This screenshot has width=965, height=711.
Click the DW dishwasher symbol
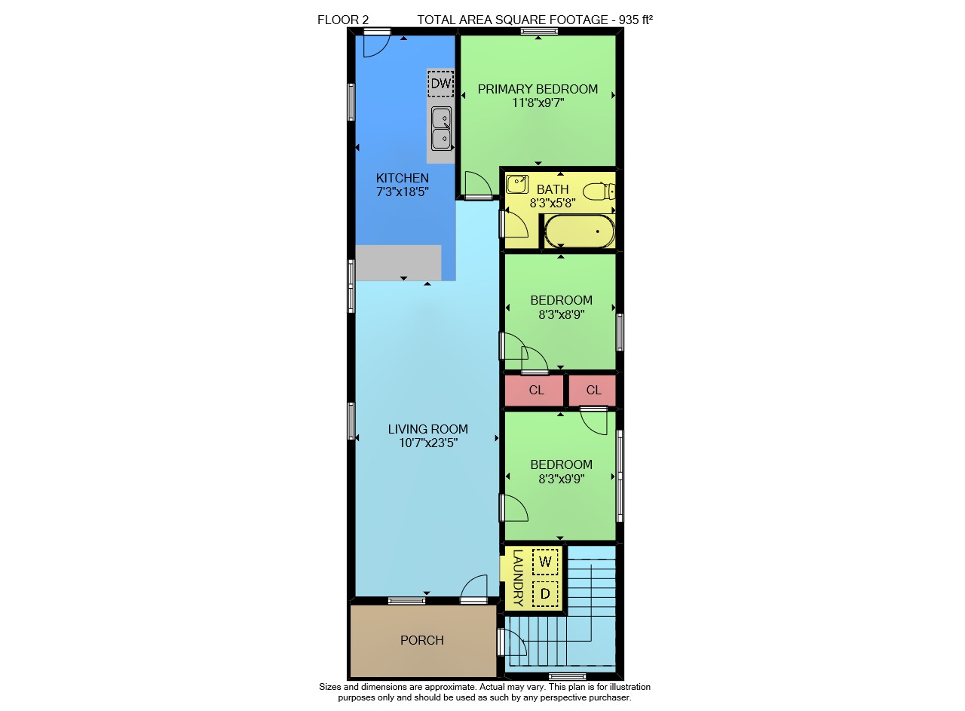click(441, 83)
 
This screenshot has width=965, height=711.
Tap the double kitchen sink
click(442, 129)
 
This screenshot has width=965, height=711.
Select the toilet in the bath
click(599, 192)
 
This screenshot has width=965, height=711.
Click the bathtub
click(580, 231)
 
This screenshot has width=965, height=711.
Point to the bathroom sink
click(517, 185)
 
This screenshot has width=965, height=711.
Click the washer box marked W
click(545, 562)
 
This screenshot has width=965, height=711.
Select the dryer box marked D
click(545, 594)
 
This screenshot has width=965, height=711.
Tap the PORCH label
click(421, 640)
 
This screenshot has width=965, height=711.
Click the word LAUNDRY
click(518, 578)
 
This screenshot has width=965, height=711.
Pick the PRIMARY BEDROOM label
click(538, 89)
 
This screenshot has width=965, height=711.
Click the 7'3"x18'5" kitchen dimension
click(403, 192)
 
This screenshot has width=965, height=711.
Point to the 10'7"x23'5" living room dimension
click(427, 443)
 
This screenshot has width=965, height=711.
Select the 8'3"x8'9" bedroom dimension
click(562, 314)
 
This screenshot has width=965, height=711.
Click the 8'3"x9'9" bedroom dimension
click(562, 479)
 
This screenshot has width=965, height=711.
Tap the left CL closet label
click(536, 391)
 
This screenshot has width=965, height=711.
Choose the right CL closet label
click(593, 391)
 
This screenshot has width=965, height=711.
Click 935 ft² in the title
click(636, 20)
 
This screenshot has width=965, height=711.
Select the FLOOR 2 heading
click(343, 20)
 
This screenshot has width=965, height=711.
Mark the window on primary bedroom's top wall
click(539, 31)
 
